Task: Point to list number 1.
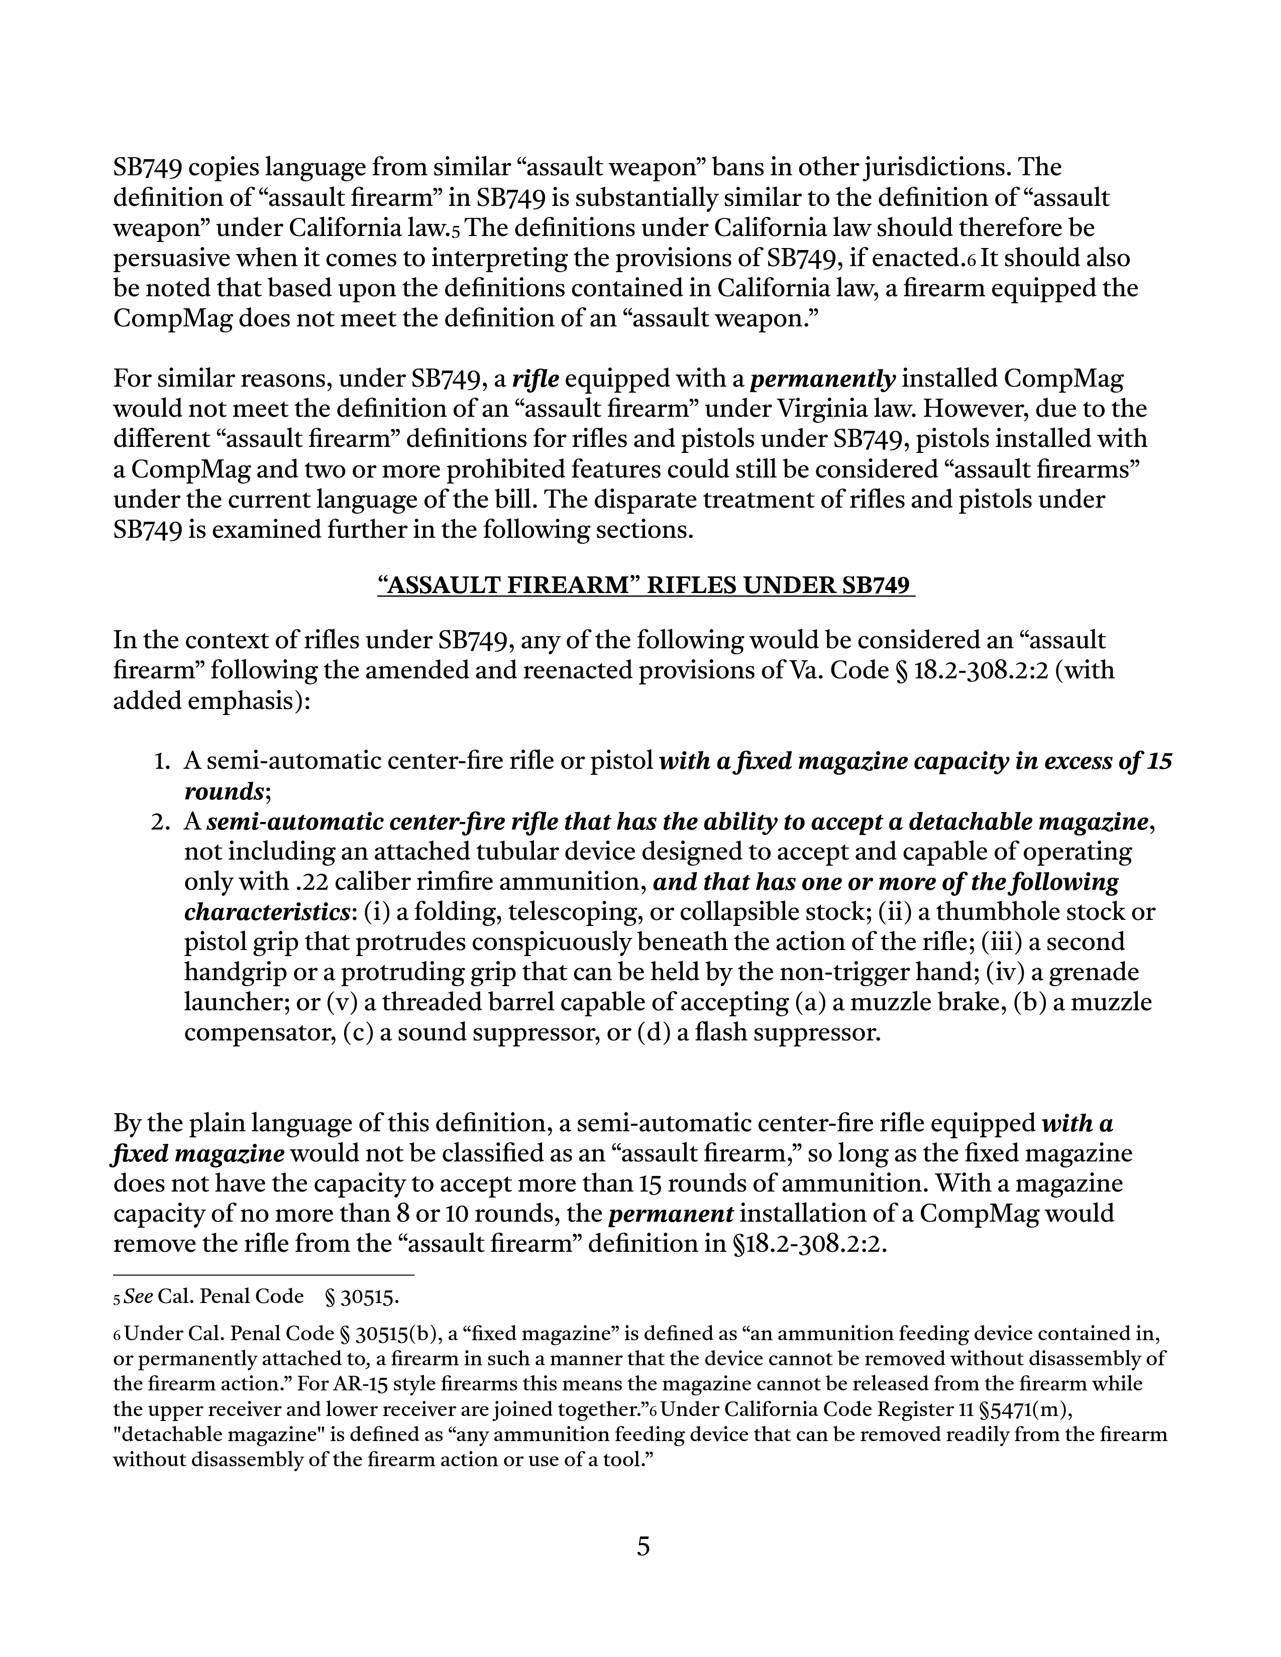(160, 761)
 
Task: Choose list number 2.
(160, 821)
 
